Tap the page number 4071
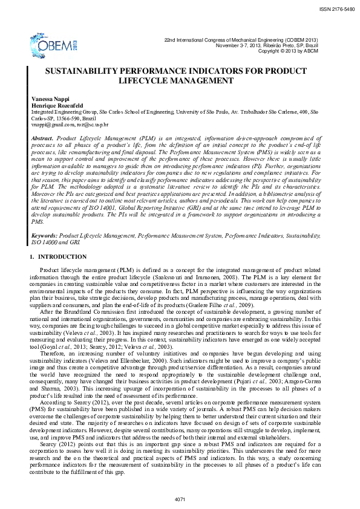click(x=179, y=498)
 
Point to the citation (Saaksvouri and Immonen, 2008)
click(x=211, y=277)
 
